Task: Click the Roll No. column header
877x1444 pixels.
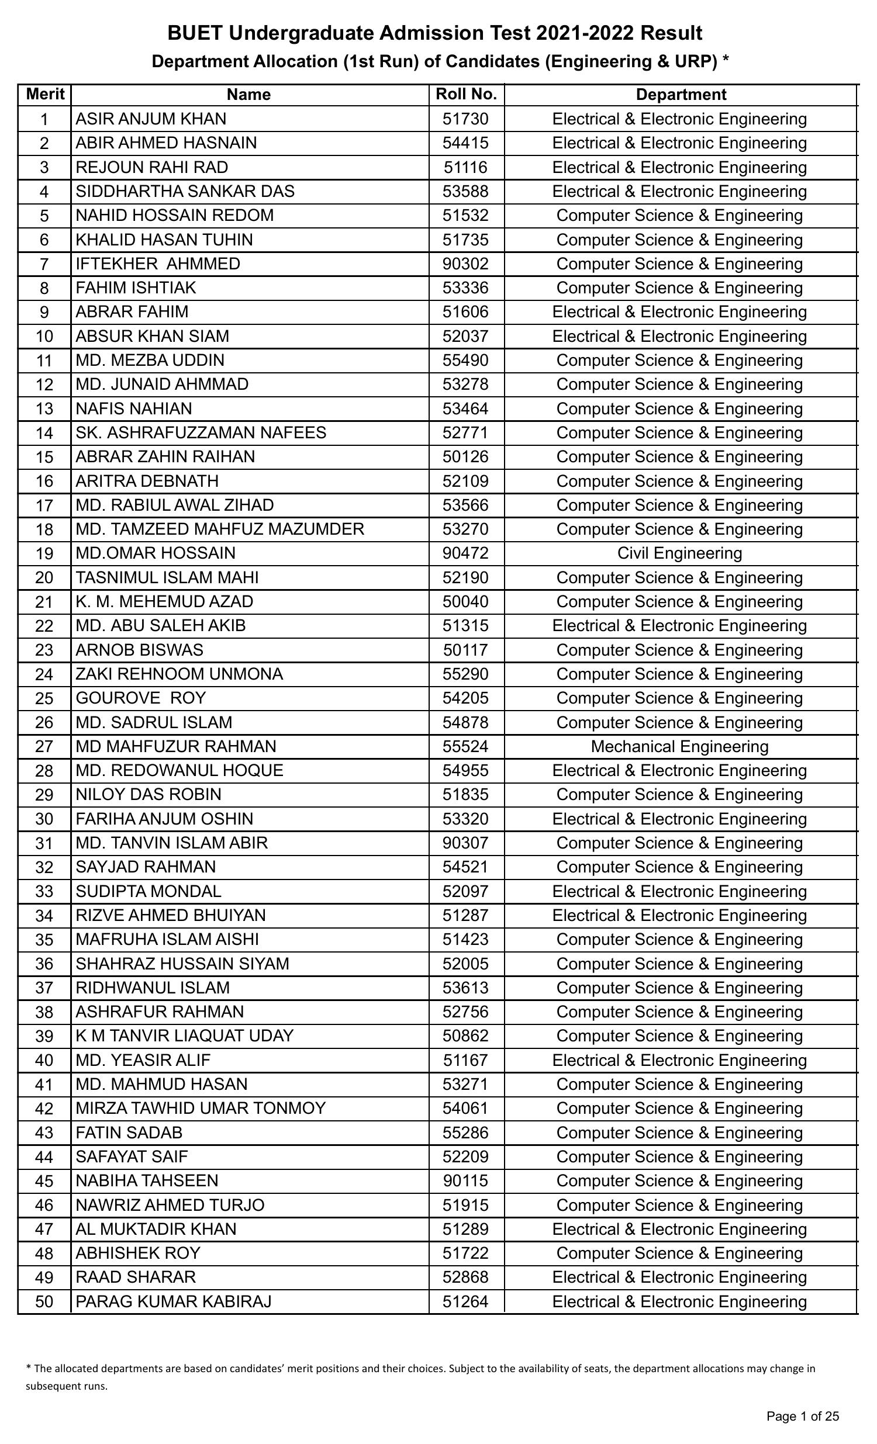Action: pyautogui.click(x=466, y=94)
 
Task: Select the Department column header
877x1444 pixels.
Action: pyautogui.click(x=681, y=94)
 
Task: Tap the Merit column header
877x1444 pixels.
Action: pyautogui.click(x=44, y=94)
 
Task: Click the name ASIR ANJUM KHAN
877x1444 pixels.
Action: pyautogui.click(x=151, y=119)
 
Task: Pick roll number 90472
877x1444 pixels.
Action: pyautogui.click(x=465, y=553)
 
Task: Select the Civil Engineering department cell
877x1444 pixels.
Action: pyautogui.click(x=679, y=553)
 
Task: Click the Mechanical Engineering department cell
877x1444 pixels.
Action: pyautogui.click(x=679, y=747)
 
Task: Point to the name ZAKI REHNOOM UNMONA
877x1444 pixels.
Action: pyautogui.click(x=179, y=674)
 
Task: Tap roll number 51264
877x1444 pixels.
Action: pyautogui.click(x=465, y=1301)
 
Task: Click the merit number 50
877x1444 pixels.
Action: pyautogui.click(x=44, y=1302)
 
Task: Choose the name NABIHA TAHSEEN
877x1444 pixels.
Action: pyautogui.click(x=147, y=1181)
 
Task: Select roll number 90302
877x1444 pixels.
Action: pyautogui.click(x=465, y=264)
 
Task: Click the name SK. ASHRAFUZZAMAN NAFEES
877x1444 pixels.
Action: pyautogui.click(x=201, y=432)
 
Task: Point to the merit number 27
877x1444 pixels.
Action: pyautogui.click(x=44, y=747)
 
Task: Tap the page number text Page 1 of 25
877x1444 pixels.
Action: pyautogui.click(x=803, y=1417)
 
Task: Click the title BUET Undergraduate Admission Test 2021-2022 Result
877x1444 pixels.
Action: pyautogui.click(x=434, y=33)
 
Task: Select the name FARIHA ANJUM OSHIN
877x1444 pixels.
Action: pyautogui.click(x=164, y=819)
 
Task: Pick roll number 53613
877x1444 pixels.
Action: pyautogui.click(x=465, y=988)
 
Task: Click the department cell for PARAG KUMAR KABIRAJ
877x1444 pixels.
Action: pyautogui.click(x=679, y=1301)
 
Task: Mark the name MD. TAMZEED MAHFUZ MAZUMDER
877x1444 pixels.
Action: pyautogui.click(x=220, y=529)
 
